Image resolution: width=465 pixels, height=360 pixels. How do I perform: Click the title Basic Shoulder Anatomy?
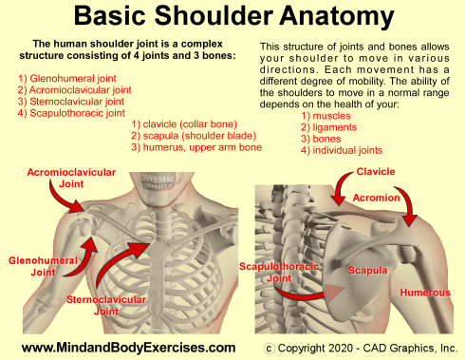[233, 17]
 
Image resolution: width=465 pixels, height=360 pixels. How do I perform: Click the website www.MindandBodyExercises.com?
[128, 347]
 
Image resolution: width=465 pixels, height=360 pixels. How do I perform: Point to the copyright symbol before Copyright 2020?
[269, 347]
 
